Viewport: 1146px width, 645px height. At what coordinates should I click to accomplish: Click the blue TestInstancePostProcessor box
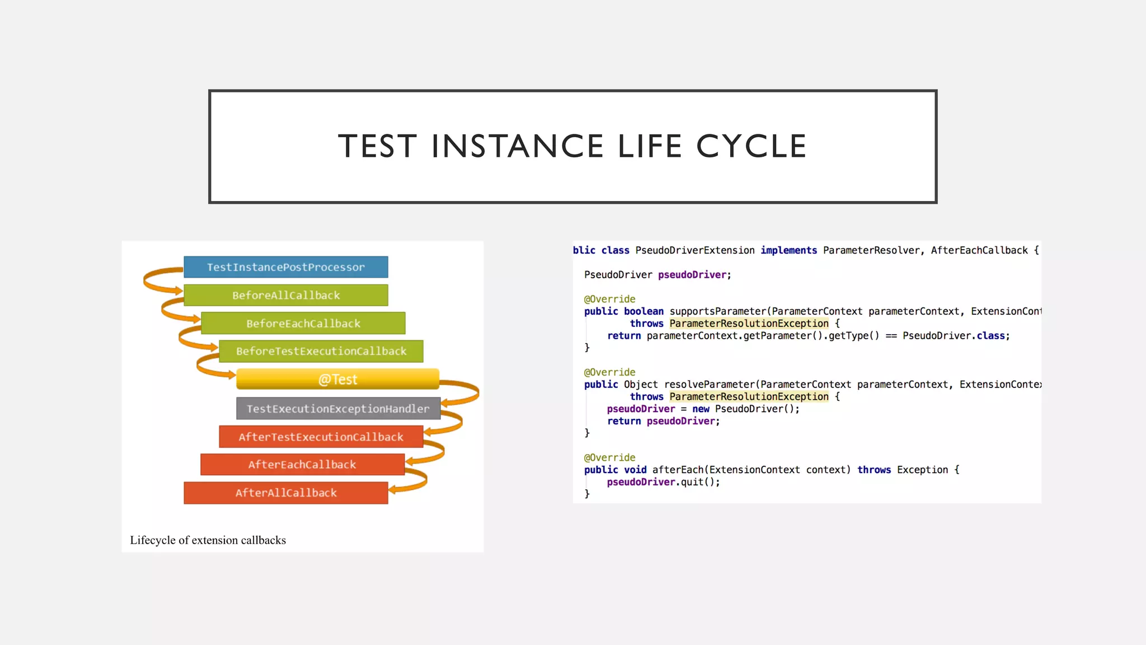pos(285,267)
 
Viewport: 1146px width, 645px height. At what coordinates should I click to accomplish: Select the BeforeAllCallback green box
pos(285,295)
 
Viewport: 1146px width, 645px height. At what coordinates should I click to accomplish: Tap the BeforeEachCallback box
pos(303,323)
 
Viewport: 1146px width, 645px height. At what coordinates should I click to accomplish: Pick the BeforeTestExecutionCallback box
pos(321,351)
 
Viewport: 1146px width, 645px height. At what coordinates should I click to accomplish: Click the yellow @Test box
pos(337,379)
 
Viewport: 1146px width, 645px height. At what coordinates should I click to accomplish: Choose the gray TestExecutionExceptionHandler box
pos(338,409)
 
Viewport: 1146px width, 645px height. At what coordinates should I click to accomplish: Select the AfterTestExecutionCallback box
pos(321,437)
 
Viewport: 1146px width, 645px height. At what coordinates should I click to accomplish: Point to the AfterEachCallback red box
pos(302,464)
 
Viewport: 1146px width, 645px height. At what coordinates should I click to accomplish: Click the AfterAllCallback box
pos(285,493)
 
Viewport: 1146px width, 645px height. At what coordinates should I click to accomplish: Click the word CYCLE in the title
pos(751,147)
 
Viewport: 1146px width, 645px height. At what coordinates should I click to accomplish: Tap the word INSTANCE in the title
pos(517,147)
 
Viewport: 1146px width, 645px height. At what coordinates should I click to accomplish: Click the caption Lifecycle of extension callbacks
pos(208,540)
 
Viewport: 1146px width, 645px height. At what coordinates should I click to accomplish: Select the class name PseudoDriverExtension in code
pos(694,250)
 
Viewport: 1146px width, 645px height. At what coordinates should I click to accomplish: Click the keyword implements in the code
pos(788,250)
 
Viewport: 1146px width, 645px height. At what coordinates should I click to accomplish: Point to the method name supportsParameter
pos(717,311)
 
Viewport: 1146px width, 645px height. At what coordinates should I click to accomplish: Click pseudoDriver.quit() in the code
pos(663,482)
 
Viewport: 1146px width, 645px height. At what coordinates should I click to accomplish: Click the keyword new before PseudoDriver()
pos(700,409)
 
